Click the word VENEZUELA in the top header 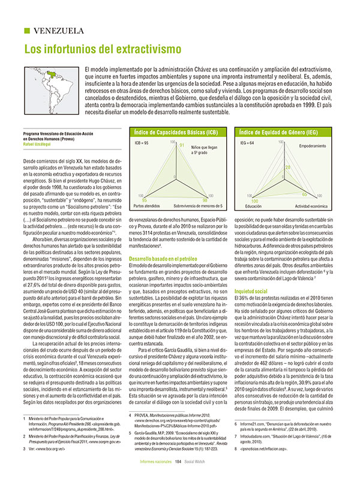[58, 31]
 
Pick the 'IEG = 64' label [247, 144]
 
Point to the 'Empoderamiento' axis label [312, 146]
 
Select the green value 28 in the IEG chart [287, 167]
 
